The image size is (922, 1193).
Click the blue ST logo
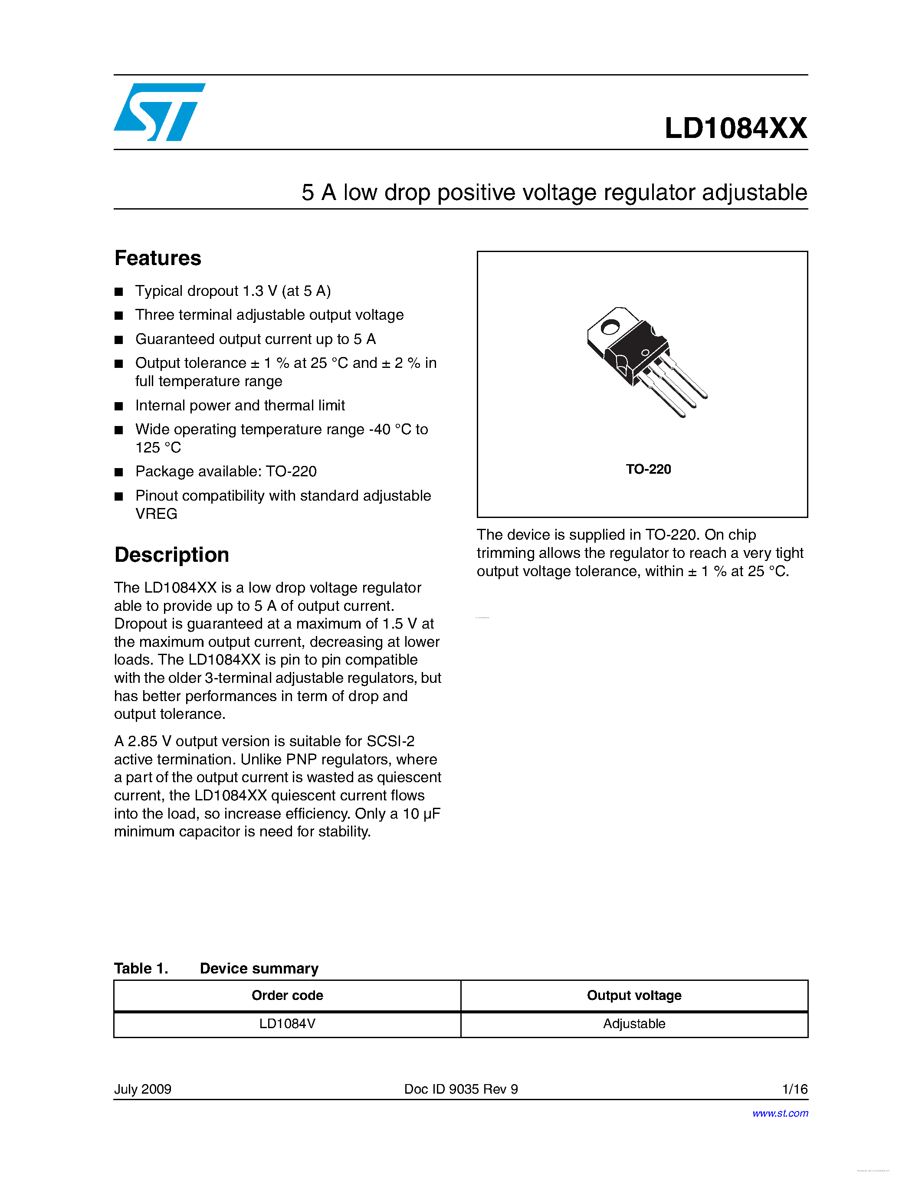[158, 112]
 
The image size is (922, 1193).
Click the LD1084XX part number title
[735, 128]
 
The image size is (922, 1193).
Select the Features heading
[158, 258]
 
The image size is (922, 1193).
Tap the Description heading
[171, 554]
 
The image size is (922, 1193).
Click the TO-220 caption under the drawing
[648, 469]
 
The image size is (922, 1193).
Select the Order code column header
[287, 995]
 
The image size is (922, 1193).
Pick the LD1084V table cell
[287, 1024]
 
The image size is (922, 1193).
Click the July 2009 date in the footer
[143, 1089]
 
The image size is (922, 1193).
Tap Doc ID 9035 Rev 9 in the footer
[460, 1089]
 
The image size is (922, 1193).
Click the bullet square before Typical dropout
[118, 292]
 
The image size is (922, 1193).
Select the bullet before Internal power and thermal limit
[118, 406]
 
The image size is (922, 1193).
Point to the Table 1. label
[141, 968]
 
